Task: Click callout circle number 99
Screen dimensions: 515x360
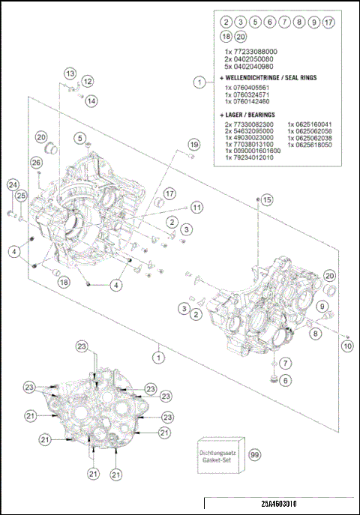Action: (256, 455)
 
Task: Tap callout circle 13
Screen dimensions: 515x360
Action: (70, 73)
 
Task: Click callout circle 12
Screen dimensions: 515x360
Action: (88, 81)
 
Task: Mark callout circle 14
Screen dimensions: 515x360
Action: (91, 100)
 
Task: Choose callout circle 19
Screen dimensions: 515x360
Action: (193, 144)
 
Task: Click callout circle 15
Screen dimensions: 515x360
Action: (268, 199)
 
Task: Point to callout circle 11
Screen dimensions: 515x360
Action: (196, 207)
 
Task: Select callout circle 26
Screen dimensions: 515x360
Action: (36, 162)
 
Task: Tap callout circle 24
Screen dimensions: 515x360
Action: (12, 184)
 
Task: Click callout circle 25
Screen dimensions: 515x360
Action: (22, 196)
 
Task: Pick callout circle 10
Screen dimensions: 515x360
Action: (346, 346)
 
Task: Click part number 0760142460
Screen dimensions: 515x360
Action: (249, 100)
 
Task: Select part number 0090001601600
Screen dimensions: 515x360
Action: (253, 151)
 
